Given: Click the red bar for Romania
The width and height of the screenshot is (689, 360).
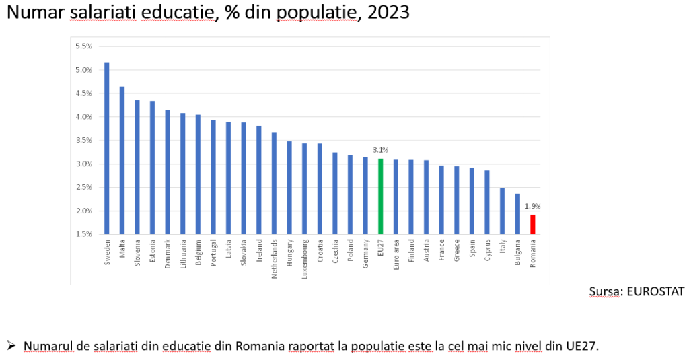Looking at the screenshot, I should tap(532, 225).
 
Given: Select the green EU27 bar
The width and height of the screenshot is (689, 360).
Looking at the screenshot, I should tap(380, 196).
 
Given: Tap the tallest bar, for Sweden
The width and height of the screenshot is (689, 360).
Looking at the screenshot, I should tap(107, 148).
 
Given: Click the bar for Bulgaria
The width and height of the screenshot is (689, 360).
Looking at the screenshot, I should tap(517, 214).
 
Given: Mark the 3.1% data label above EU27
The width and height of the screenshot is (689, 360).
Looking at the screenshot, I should tap(380, 150).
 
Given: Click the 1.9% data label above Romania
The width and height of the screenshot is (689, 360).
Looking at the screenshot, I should tap(532, 206).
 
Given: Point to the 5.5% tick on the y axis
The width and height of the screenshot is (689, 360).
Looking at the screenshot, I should tap(83, 46).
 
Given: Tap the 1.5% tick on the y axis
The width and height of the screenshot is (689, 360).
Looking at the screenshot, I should tap(83, 234).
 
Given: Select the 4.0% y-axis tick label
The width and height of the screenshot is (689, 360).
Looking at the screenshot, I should tap(83, 117).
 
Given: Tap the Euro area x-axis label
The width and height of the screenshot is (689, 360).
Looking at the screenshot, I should tap(396, 252).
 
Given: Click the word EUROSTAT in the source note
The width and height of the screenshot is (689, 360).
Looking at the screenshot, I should tap(656, 291).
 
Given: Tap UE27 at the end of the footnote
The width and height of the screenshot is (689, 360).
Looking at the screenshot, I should tap(583, 346).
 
